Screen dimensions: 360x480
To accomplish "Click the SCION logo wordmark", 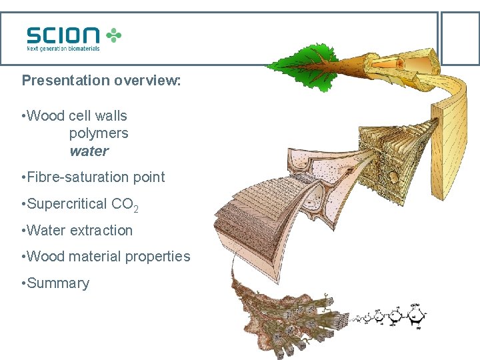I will coord(63,35).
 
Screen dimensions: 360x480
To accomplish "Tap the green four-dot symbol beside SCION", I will coord(115,35).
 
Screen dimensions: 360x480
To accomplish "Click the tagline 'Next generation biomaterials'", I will coord(63,48).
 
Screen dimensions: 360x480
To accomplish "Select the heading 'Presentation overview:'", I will coord(101,81).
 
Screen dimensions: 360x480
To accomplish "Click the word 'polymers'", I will coord(99,133).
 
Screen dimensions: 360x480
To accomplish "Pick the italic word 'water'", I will coord(89,151).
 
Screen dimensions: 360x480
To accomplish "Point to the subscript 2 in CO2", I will coord(136,209).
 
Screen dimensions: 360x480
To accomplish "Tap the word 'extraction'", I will coord(101,231).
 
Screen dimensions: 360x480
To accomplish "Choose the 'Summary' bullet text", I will coord(58,283).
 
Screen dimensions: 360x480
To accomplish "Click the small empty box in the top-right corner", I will coord(460,38).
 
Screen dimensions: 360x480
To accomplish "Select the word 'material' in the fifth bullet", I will coord(99,257).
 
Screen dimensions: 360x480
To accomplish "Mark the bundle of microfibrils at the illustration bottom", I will coord(293,320).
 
